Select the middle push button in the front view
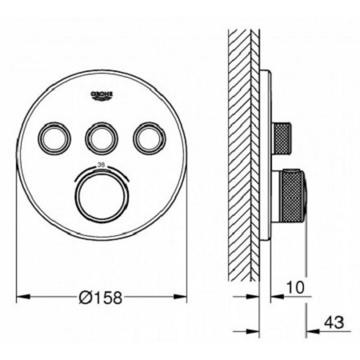click(x=102, y=138)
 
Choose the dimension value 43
click(x=334, y=323)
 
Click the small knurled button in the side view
click(x=282, y=139)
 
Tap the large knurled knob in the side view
click(x=290, y=195)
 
